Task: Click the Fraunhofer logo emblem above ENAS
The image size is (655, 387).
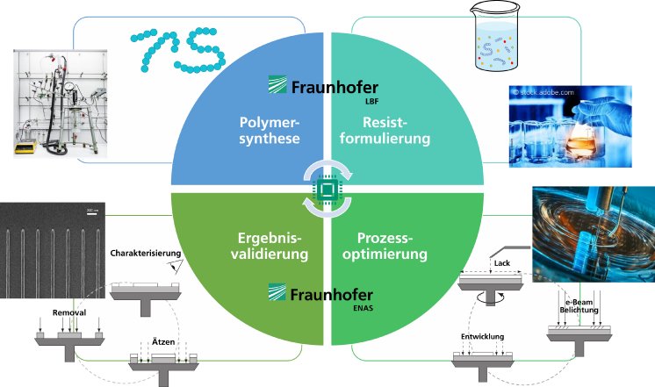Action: (277, 292)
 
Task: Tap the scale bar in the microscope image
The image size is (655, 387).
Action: (91, 211)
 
